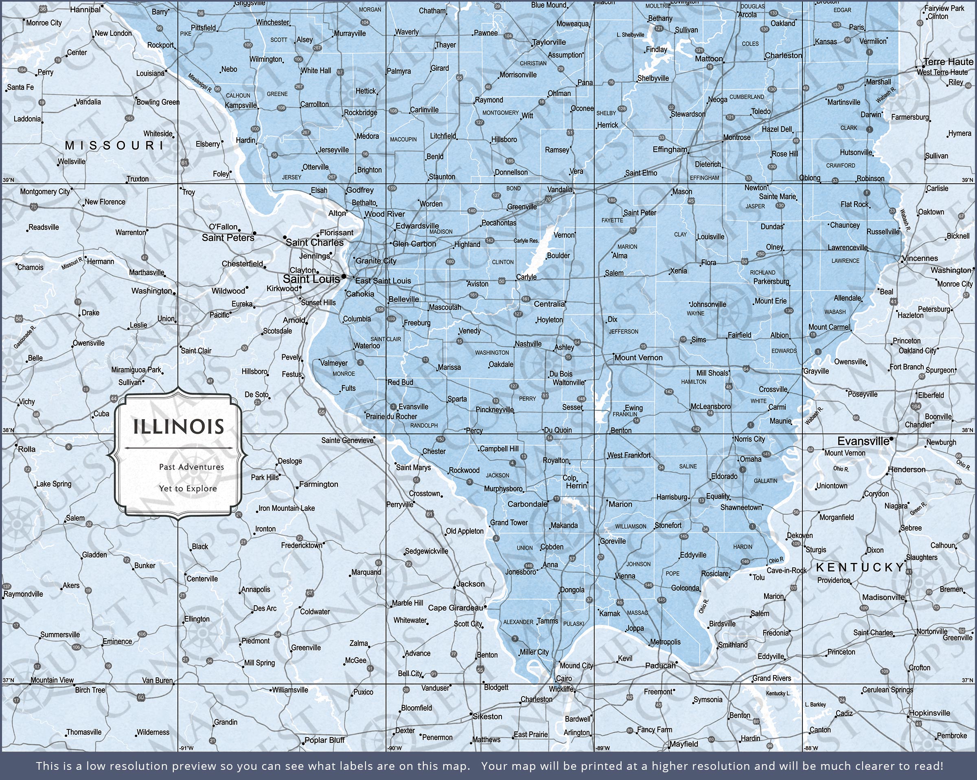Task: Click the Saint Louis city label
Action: point(311,279)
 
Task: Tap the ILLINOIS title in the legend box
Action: point(179,427)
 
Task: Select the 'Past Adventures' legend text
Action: point(191,467)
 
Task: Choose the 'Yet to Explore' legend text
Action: point(188,488)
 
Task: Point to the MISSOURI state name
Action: point(114,145)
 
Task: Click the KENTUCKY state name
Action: point(860,567)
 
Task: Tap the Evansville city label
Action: point(863,441)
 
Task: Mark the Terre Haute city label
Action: point(948,62)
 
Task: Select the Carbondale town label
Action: point(527,504)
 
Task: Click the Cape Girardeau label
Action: point(455,608)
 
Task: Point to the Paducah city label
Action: point(660,666)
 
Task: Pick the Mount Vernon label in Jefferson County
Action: point(638,357)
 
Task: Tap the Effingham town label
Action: point(670,149)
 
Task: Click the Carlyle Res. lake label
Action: point(526,241)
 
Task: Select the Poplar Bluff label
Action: point(324,740)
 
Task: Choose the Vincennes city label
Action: point(920,258)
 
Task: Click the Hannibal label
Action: point(85,9)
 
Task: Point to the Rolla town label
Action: point(26,449)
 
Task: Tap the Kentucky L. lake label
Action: point(778,693)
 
